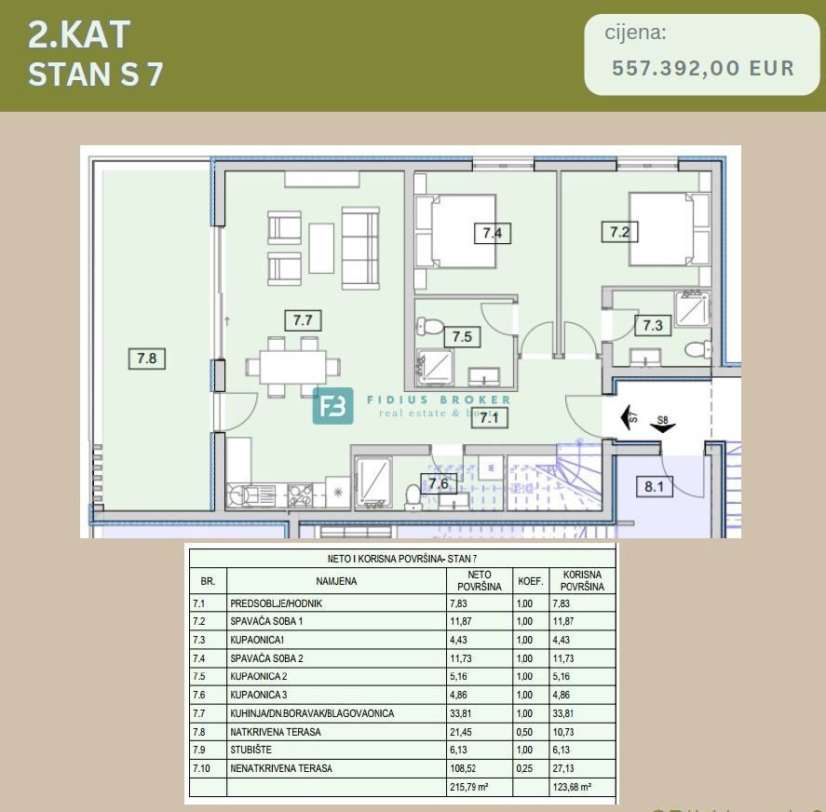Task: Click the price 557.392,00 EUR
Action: click(703, 68)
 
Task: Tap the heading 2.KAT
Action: click(79, 34)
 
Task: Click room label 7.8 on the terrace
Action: click(147, 357)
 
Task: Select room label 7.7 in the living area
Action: click(303, 320)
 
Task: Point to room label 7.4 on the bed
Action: click(493, 233)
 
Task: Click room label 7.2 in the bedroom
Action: click(620, 232)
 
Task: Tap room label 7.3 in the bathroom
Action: click(653, 325)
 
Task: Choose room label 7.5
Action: click(462, 336)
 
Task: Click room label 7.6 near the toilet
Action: click(438, 482)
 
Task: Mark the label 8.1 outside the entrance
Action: click(655, 485)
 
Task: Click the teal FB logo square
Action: click(332, 406)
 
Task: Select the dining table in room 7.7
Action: click(293, 366)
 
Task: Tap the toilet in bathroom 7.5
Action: click(430, 327)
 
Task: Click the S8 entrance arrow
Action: click(663, 425)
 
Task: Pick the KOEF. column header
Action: click(531, 581)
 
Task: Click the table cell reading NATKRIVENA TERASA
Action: click(276, 732)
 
